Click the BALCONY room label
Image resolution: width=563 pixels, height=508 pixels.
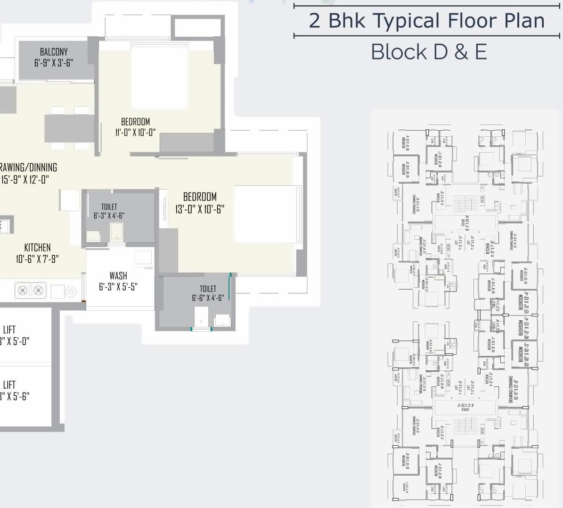click(x=54, y=52)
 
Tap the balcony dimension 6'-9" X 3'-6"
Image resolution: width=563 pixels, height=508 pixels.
click(x=54, y=63)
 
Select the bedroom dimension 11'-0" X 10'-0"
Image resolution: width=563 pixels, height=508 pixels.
click(x=135, y=133)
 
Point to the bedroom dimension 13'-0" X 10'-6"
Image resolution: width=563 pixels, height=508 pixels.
click(x=200, y=209)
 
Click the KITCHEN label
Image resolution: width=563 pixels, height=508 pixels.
click(x=37, y=248)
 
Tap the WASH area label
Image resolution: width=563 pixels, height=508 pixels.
click(x=118, y=275)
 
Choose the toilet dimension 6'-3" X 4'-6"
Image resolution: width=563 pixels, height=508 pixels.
click(x=109, y=216)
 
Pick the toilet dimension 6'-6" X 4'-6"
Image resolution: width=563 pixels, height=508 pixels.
click(x=208, y=298)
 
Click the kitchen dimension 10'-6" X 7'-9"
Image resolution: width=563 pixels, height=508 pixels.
click(x=37, y=259)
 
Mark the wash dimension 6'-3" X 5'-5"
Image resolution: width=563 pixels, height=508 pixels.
click(x=118, y=287)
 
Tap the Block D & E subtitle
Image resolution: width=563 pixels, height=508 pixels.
click(x=429, y=52)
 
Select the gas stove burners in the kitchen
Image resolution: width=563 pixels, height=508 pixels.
click(x=31, y=291)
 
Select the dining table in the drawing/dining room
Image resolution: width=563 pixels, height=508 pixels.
click(x=69, y=128)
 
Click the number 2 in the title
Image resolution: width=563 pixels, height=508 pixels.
click(x=314, y=21)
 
